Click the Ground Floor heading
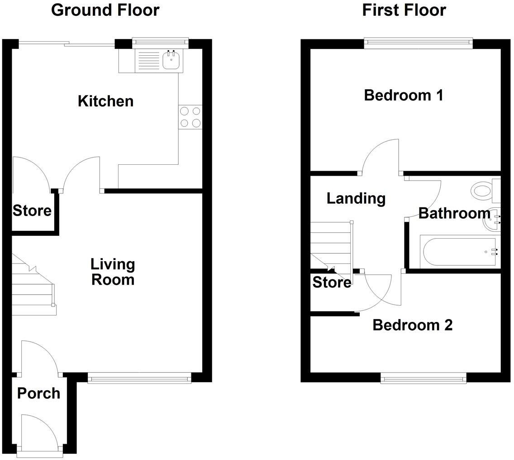click(105, 10)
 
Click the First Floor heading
click(404, 10)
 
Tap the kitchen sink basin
click(171, 60)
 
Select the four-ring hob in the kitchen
click(190, 117)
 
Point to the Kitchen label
click(105, 101)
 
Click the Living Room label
click(113, 272)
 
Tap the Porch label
click(38, 393)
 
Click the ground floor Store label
click(32, 211)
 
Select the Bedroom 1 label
click(403, 95)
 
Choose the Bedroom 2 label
click(412, 325)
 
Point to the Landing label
click(356, 198)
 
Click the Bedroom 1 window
click(419, 43)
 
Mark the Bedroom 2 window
click(424, 378)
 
